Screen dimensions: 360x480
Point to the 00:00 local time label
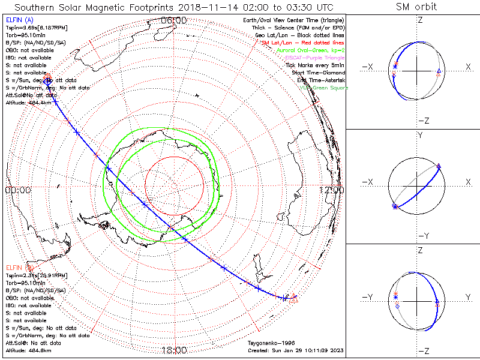pos(17,190)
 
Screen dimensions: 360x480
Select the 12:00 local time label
pos(332,190)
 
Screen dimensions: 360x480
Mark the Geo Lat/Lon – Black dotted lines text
pos(305,35)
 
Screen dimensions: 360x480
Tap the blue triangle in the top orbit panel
pos(439,71)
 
